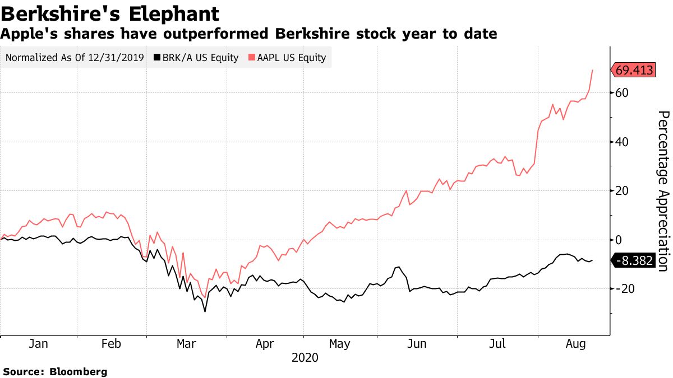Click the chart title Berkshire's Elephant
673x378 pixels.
[110, 13]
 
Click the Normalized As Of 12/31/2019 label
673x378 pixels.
[75, 57]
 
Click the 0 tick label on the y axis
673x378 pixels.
[619, 240]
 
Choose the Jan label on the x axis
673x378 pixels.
[38, 344]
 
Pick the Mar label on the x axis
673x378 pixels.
[186, 344]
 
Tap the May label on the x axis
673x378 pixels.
[340, 344]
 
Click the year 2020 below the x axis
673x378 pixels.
[305, 358]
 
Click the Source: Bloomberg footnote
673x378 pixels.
[55, 371]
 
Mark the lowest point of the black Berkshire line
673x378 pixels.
[205, 311]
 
